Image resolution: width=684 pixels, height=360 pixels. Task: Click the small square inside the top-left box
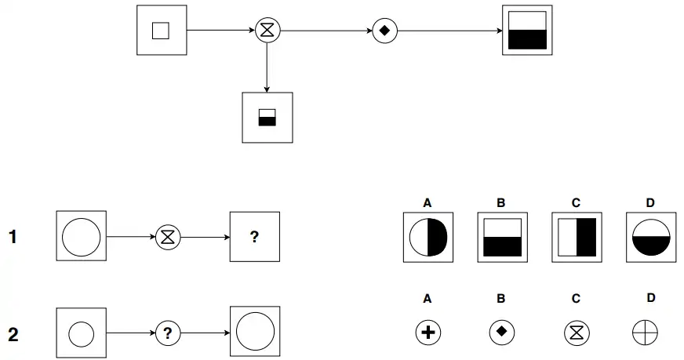click(161, 31)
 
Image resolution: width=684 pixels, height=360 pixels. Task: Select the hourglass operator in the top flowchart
click(267, 31)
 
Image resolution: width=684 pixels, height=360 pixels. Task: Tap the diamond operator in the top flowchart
click(384, 31)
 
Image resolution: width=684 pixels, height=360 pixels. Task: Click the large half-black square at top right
click(526, 31)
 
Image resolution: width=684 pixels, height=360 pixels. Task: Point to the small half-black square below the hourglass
click(267, 118)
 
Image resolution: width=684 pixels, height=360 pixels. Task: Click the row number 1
click(13, 236)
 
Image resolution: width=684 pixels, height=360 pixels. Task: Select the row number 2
click(13, 335)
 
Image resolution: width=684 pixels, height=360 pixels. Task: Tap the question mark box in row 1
click(254, 236)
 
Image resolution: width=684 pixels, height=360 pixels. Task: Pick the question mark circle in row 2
click(167, 334)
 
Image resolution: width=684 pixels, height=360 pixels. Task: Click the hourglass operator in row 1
click(167, 236)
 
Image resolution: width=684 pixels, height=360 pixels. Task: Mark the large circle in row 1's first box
click(82, 236)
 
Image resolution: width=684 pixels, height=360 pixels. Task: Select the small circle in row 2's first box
click(82, 335)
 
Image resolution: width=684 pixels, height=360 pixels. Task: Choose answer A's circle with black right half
click(427, 237)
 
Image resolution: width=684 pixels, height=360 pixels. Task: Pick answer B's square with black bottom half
click(501, 237)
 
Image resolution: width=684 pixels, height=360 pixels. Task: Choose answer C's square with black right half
click(576, 237)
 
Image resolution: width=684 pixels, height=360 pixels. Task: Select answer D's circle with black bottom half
click(649, 237)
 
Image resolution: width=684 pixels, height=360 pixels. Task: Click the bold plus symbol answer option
click(427, 333)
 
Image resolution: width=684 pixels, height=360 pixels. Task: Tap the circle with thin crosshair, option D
click(644, 333)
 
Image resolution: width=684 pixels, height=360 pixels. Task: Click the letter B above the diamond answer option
click(500, 299)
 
